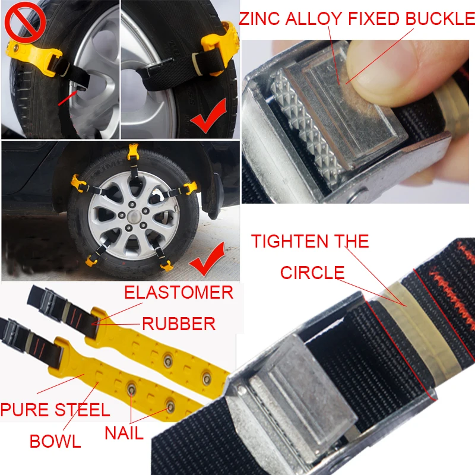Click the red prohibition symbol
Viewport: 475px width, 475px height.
pos(25,22)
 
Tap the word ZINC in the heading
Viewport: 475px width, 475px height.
pos(259,18)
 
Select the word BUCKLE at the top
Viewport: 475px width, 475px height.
pos(440,18)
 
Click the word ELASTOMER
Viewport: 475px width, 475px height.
pos(179,292)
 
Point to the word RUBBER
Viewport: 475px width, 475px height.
pos(179,324)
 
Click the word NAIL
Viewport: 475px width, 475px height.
pos(124,433)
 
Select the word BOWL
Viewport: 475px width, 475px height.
pos(55,441)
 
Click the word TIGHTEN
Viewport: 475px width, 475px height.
pos(290,242)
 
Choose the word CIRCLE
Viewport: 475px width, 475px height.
pos(312,273)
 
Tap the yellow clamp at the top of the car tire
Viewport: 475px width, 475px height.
pos(132,152)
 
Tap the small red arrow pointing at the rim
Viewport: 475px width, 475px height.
pos(67,98)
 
